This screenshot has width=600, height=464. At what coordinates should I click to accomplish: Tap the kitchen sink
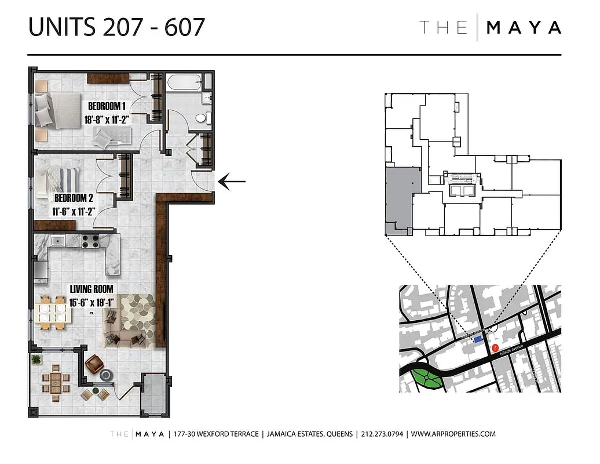pos(57,240)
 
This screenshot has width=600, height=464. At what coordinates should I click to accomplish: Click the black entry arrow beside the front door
pos(232,182)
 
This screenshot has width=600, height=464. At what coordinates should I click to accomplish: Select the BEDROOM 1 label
pos(107,106)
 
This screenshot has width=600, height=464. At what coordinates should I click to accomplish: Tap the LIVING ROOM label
pos(91,288)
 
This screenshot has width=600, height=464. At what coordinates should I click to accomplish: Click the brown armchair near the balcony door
pos(94,364)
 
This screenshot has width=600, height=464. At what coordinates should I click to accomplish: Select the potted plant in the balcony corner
pos(37,360)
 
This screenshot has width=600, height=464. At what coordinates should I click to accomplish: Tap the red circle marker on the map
pos(495,348)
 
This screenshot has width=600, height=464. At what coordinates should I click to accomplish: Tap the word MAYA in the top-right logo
pos(524,27)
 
